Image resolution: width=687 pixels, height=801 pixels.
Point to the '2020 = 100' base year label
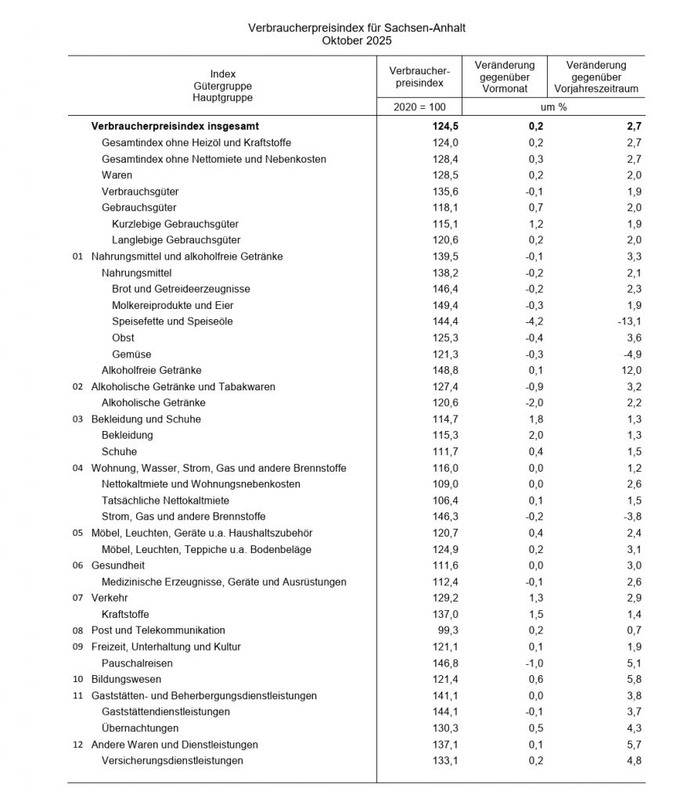[x=419, y=106]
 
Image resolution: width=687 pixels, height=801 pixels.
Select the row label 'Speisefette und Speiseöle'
[x=172, y=321]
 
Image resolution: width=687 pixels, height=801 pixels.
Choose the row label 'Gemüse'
[x=131, y=354]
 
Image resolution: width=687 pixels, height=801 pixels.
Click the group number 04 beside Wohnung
[x=77, y=469]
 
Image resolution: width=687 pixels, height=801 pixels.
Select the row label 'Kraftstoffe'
[x=125, y=614]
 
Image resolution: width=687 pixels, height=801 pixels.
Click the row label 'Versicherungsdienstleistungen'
[x=172, y=760]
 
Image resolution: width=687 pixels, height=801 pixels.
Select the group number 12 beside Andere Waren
[x=77, y=745]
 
